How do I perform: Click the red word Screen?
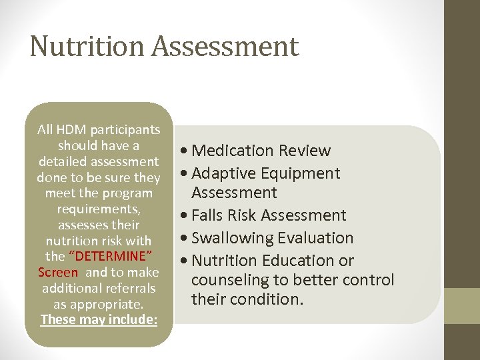click(58, 273)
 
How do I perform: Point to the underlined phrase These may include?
click(99, 319)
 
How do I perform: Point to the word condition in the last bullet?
click(267, 299)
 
